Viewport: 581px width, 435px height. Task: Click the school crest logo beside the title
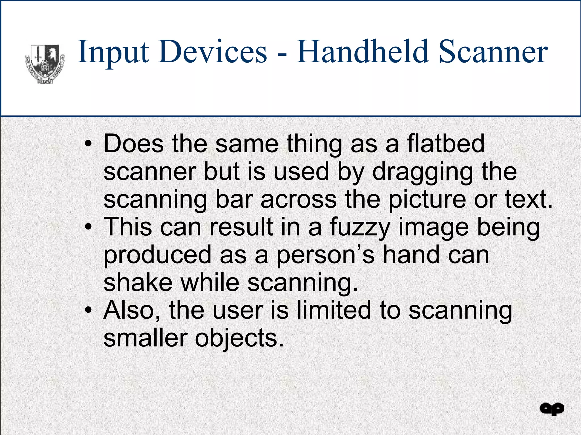pos(45,63)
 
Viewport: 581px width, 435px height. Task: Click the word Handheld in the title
pos(362,52)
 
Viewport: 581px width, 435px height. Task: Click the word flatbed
pos(446,143)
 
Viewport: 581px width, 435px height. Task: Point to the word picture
pos(427,200)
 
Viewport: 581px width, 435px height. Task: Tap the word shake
pos(138,283)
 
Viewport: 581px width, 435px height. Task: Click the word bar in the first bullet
pos(234,199)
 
